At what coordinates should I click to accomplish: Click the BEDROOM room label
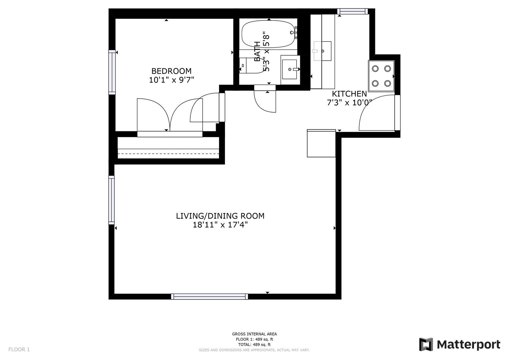(171, 71)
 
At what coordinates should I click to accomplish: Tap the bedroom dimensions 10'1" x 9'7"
(171, 80)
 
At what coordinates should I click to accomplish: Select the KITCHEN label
(349, 94)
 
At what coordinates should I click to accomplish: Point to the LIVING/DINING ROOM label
(220, 216)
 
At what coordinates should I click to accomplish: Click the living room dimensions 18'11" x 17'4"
(220, 225)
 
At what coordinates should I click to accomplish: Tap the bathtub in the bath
(269, 34)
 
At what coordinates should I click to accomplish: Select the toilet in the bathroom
(252, 65)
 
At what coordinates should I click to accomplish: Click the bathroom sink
(290, 70)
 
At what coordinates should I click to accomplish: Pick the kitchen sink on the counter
(322, 51)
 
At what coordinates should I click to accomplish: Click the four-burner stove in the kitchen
(381, 76)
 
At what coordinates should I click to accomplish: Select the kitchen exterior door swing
(377, 113)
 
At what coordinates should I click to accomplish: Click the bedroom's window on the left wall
(112, 72)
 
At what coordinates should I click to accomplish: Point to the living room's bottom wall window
(209, 297)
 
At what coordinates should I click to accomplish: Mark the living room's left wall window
(111, 200)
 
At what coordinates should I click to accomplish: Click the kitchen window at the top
(352, 11)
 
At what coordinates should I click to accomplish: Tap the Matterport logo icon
(426, 345)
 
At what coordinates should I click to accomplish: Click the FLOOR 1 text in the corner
(19, 350)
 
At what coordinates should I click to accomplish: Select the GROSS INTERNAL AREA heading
(254, 334)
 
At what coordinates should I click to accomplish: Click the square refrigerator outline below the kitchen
(321, 143)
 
